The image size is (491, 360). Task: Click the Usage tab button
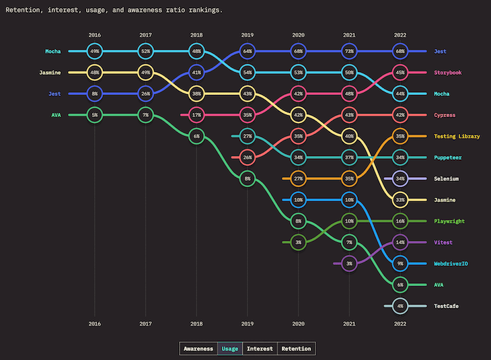pos(229,349)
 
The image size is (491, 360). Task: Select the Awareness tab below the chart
pos(199,349)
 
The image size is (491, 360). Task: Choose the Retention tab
pos(296,349)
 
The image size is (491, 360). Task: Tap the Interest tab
pos(259,349)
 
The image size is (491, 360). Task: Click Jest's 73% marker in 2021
pos(349,51)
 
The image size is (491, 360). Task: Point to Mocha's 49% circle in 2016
pos(95,51)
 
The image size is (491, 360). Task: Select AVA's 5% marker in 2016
pos(95,115)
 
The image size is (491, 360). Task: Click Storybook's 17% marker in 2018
pos(196,115)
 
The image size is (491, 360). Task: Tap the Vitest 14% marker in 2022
pos(400,242)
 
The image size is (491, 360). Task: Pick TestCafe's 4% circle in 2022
pos(400,306)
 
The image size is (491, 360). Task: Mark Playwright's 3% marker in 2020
pos(298,242)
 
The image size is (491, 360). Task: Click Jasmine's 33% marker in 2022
pos(400,200)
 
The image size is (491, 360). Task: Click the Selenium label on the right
pos(447,179)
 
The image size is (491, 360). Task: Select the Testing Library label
pos(457,137)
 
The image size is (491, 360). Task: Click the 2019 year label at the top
pos(248,34)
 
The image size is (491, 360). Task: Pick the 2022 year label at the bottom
pos(400,324)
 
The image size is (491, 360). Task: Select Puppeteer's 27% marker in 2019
pos(248,137)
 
